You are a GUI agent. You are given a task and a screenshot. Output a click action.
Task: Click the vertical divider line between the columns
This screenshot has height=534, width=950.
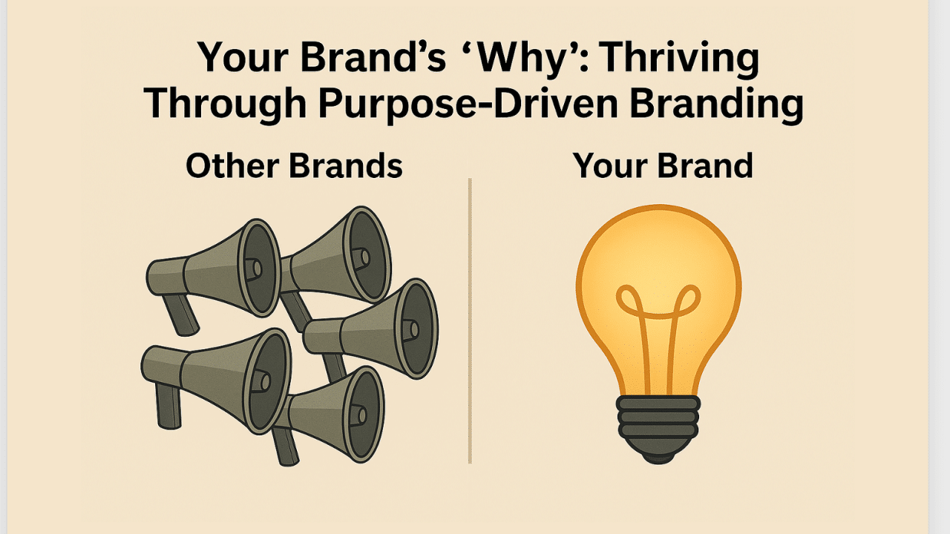click(x=470, y=319)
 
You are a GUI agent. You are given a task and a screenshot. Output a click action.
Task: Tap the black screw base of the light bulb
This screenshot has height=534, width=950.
click(x=658, y=419)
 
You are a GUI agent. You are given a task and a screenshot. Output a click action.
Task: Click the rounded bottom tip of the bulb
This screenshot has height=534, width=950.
click(x=658, y=455)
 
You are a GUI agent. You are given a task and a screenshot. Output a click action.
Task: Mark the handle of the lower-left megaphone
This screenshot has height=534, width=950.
click(x=168, y=404)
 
